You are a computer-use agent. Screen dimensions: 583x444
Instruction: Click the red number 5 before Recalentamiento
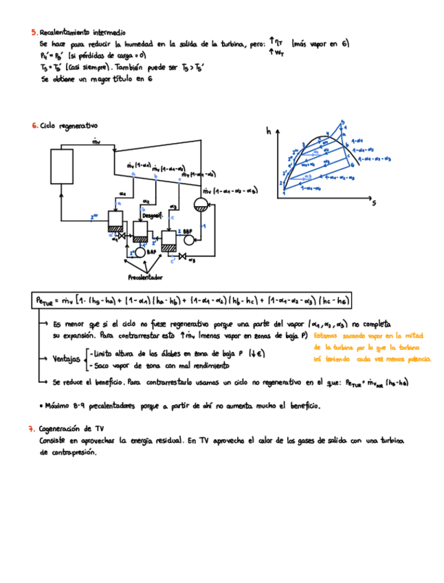tap(34, 32)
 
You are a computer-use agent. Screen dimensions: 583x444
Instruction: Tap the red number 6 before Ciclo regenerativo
tap(34, 126)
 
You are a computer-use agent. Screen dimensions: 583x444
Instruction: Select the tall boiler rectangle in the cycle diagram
tap(62, 167)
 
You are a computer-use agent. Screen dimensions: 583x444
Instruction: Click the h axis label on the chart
tap(269, 131)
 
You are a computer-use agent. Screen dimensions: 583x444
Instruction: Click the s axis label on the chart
tap(374, 203)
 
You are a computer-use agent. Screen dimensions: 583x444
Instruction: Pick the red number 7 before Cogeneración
tap(32, 428)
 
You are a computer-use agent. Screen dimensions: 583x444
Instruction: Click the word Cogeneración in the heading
tap(63, 428)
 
